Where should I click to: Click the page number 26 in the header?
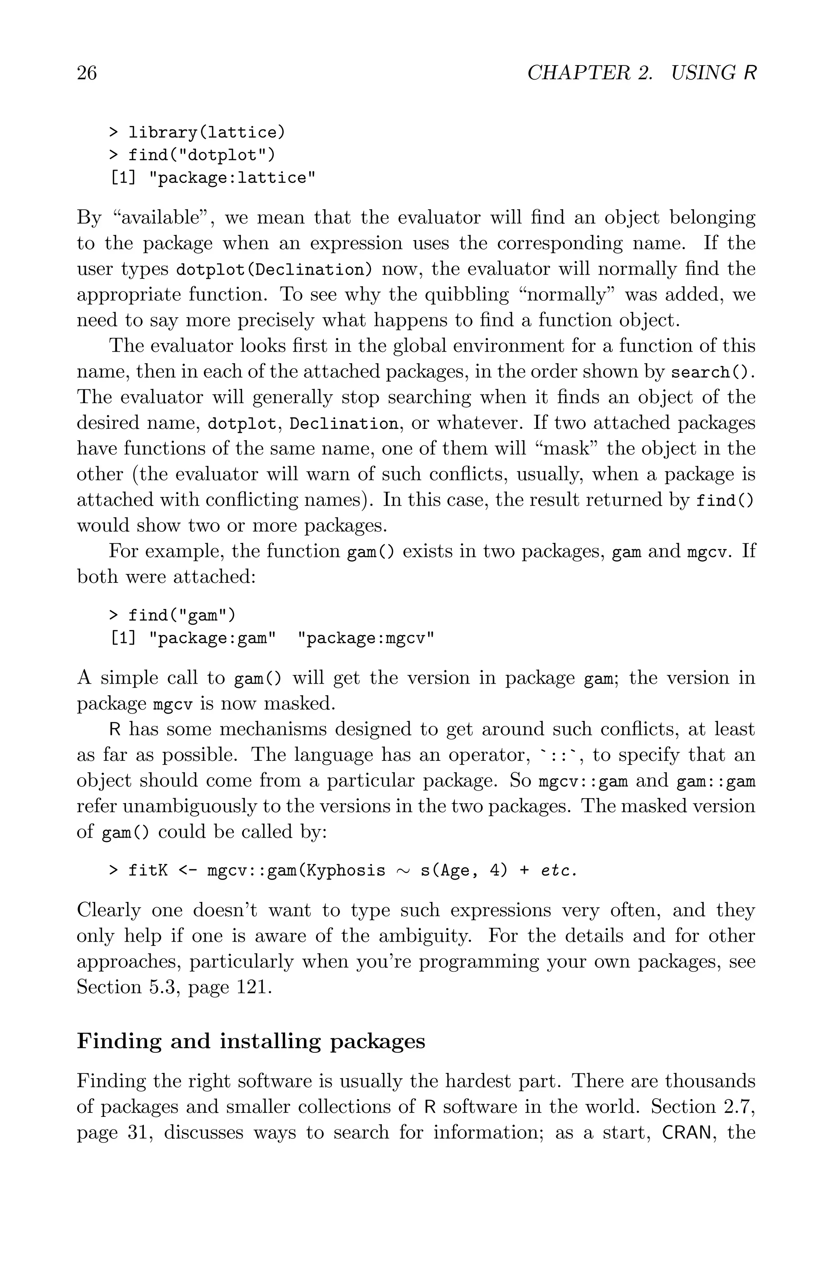[87, 73]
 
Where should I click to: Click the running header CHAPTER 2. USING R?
[641, 73]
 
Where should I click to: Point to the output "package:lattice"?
[232, 178]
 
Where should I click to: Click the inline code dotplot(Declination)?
[274, 269]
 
